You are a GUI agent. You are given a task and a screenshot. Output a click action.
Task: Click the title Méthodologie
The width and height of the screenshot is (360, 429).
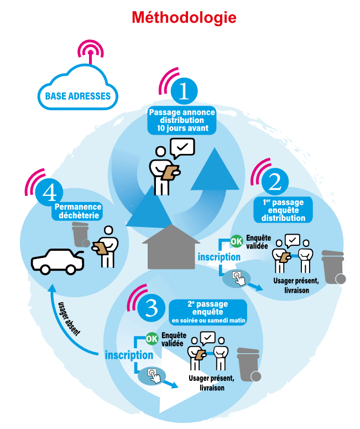[184, 18]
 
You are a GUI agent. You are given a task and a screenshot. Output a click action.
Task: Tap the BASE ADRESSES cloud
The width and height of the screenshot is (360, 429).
[77, 95]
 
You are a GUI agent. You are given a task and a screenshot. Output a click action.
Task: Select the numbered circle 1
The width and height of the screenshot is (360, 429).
[184, 92]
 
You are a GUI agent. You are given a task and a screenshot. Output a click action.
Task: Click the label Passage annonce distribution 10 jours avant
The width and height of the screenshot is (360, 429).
[182, 120]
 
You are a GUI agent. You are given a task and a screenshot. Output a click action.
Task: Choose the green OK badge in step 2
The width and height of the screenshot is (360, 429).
[236, 241]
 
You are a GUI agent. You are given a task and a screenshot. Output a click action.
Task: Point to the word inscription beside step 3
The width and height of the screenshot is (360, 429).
[129, 355]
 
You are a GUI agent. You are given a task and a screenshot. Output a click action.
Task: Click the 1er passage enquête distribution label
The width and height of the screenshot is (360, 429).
[283, 210]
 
